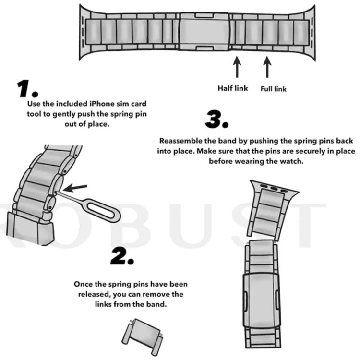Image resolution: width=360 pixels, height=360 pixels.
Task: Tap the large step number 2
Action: pos(122,258)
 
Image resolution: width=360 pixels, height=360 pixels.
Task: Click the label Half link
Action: pos(233,88)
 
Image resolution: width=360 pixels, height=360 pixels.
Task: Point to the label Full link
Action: pos(274,89)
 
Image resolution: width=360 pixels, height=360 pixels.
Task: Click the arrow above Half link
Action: pos(236,67)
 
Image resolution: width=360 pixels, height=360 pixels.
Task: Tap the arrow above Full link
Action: pos(267,67)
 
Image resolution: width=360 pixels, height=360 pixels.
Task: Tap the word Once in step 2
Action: pos(83,284)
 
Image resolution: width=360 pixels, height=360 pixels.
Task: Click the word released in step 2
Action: pos(94,294)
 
